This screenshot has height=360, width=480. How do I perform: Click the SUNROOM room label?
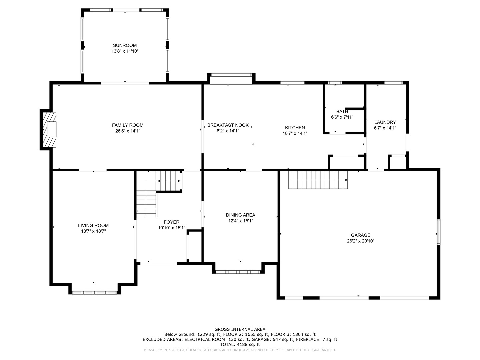point(125,45)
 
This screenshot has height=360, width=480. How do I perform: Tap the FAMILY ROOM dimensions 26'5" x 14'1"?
point(128,131)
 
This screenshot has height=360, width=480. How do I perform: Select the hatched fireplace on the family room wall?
point(49,130)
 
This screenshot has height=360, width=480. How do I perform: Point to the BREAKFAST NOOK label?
point(228,125)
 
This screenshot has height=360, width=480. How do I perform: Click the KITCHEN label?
point(295,128)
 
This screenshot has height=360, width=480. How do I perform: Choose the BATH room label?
point(342,111)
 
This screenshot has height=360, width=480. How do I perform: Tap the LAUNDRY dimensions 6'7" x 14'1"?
point(385,128)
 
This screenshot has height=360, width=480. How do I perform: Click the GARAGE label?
point(361,235)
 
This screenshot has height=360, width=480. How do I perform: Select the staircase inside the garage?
point(318,180)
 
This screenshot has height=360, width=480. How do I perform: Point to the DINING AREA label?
point(241,215)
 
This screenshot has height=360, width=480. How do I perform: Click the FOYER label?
point(171,222)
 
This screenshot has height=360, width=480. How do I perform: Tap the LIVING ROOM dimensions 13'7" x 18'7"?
point(93,231)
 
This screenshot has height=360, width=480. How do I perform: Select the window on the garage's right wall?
point(438,232)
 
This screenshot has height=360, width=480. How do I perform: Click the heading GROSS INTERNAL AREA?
point(240,329)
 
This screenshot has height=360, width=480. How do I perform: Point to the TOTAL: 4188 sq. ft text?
point(240,344)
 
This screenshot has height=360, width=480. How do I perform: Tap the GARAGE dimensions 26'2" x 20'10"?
point(361,241)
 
